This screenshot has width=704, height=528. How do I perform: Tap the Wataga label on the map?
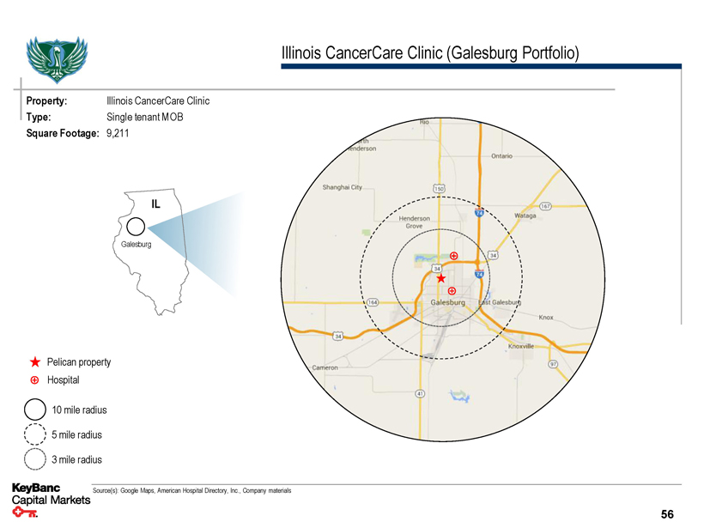pos(525,215)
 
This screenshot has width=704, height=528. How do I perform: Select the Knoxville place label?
pos(521,346)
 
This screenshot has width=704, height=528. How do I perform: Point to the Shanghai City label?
pos(343,187)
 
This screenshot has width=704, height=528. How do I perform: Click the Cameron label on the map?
pos(325,367)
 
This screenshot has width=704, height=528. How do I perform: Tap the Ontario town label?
pos(502,156)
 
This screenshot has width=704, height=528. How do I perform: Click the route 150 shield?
pos(438,188)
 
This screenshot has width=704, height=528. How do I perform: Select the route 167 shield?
pos(546,206)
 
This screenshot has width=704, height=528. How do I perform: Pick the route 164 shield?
pos(373,302)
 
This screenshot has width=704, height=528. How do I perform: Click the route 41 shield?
pos(420,393)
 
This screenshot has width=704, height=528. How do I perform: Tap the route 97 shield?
pos(554,363)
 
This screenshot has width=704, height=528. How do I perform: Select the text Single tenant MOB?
pos(145,117)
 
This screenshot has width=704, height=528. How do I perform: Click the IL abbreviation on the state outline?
pos(156,203)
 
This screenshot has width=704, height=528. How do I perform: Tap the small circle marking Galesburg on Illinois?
pos(135,227)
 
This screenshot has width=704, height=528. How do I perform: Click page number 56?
pos(667,514)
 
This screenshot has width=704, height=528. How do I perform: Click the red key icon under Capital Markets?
pos(26,514)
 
